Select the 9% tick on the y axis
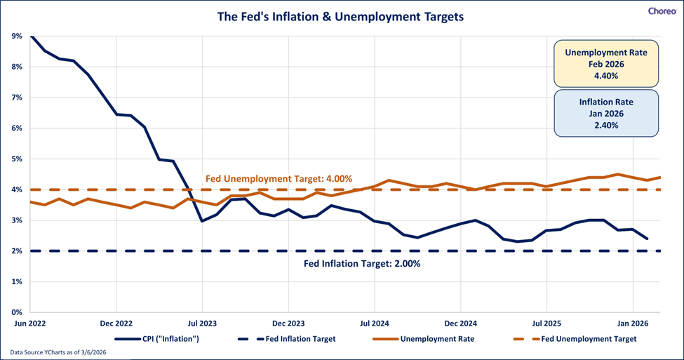point(16,36)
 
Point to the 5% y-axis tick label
point(16,159)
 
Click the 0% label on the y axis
point(16,312)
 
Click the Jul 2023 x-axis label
point(201,324)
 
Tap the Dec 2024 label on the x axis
point(460,324)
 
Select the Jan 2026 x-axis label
point(633,324)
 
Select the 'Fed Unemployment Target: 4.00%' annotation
point(279,179)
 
